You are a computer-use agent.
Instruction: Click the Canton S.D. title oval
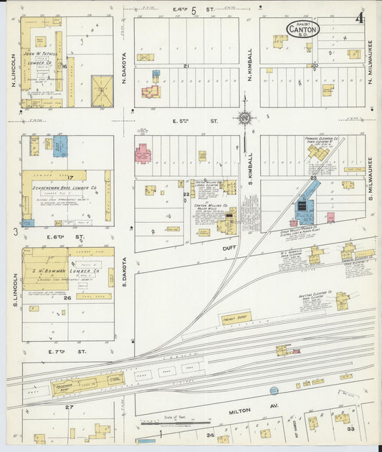pyautogui.click(x=303, y=29)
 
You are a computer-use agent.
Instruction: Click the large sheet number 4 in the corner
pyautogui.click(x=359, y=18)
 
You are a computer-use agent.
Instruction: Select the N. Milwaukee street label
pyautogui.click(x=371, y=65)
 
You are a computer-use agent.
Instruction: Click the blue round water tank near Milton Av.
pyautogui.click(x=274, y=390)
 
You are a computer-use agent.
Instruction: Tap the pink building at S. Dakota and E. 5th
pyautogui.click(x=143, y=153)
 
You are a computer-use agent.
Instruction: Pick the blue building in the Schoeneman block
pyautogui.click(x=60, y=146)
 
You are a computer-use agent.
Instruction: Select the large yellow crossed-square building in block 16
pyautogui.click(x=102, y=91)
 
